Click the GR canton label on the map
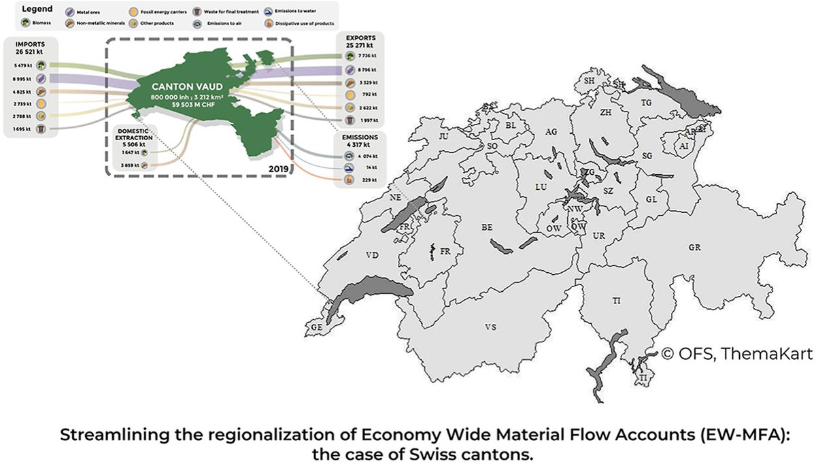pyautogui.click(x=694, y=248)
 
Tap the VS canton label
pyautogui.click(x=490, y=328)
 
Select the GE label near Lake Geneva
pyautogui.click(x=316, y=327)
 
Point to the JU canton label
pyautogui.click(x=444, y=136)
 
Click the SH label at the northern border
pyautogui.click(x=590, y=81)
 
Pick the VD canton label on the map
pyautogui.click(x=371, y=256)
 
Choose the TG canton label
pyautogui.click(x=646, y=103)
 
